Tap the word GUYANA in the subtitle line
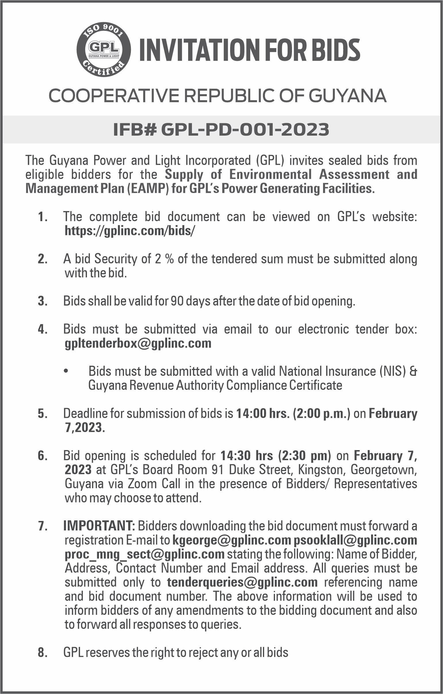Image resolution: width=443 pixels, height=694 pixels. point(349,96)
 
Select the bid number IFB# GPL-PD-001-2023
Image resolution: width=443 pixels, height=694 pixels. point(221,130)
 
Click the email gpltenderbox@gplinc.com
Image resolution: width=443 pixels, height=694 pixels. point(138,344)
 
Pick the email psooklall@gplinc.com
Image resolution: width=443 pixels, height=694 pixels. point(355,540)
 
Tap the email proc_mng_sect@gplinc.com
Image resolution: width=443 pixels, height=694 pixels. point(144,554)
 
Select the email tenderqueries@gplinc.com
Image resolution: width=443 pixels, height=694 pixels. point(242,582)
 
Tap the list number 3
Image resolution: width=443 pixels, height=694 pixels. point(42,302)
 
